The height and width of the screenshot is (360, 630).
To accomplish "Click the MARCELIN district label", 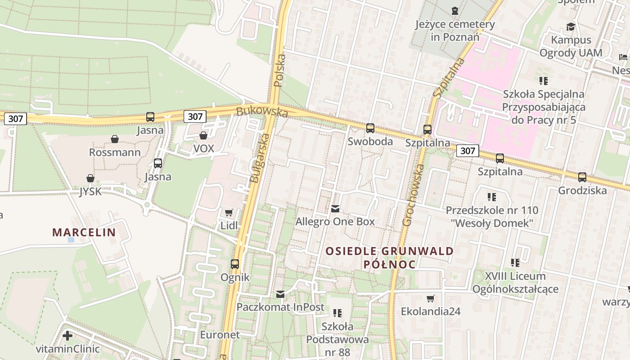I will point(84,233).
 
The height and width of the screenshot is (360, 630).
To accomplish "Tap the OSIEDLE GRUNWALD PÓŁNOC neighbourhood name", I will point(390,257).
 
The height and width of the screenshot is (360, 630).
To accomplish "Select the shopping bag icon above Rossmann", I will point(115,139).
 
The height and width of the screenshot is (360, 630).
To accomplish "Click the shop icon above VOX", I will point(203,135).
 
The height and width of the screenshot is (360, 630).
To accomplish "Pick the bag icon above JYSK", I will point(90,178).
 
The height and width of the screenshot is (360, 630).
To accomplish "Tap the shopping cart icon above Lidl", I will point(229,212).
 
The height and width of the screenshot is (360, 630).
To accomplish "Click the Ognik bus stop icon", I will point(235,264).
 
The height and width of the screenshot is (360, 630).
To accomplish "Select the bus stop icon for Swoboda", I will point(370,128).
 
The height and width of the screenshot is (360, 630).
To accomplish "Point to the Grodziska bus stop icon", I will point(582,177).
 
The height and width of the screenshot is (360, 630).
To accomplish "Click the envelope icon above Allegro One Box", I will point(335,208).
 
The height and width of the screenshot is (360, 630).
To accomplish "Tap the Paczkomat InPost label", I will point(280,307).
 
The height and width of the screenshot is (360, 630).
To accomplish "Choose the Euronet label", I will point(220,335).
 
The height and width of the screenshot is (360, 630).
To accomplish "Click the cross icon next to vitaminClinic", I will point(67,336).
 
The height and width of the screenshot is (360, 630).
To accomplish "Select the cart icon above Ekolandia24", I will point(431,298).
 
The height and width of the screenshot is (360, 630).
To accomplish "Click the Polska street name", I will point(279,71).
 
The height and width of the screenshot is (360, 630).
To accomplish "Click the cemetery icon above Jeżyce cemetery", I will point(455,10).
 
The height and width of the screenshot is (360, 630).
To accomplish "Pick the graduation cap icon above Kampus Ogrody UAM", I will point(571,27).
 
